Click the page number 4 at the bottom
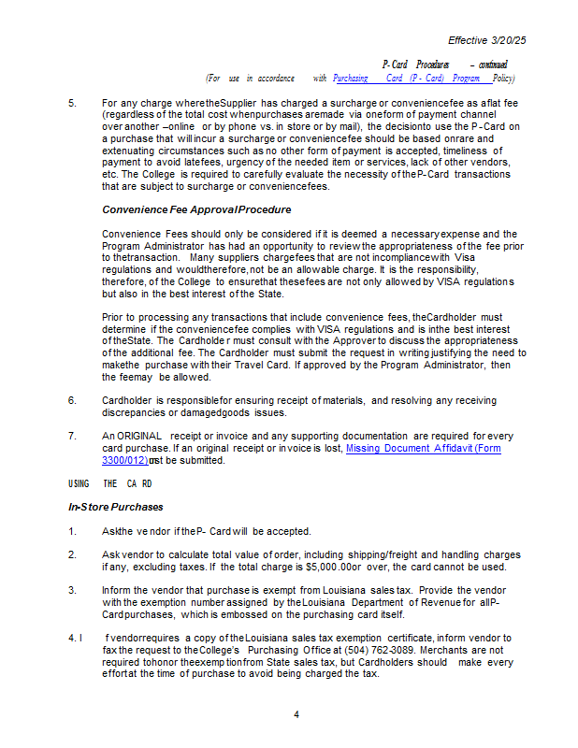[x=296, y=715]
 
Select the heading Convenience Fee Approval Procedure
[x=196, y=209]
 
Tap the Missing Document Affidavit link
[x=423, y=449]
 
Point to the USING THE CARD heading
[x=109, y=483]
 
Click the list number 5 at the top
[x=72, y=102]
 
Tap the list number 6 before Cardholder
[x=72, y=400]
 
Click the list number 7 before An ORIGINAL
[x=72, y=437]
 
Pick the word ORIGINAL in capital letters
[x=140, y=437]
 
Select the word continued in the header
[x=493, y=65]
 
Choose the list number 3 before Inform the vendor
[x=72, y=591]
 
